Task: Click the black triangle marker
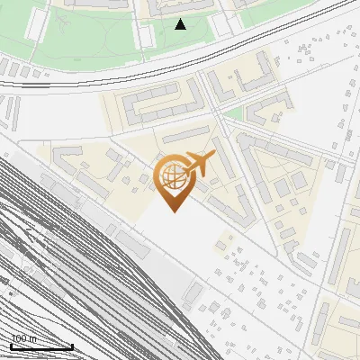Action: (180, 24)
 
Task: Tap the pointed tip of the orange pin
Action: (172, 211)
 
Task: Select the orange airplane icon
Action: (200, 164)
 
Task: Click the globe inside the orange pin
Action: (172, 177)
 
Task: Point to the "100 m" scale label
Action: (23, 339)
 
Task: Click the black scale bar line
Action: (41, 346)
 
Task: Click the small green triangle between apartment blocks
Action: (232, 113)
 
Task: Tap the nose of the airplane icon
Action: (213, 155)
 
